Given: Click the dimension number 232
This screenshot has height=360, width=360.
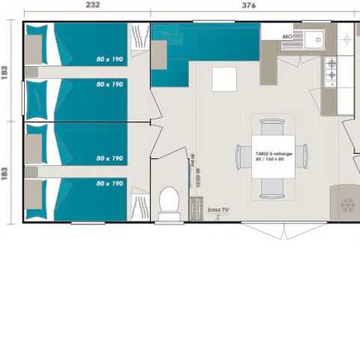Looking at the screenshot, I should click(x=92, y=5).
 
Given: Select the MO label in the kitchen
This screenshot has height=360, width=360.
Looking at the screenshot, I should click(x=286, y=36).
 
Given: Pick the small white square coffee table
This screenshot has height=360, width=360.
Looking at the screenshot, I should click(x=223, y=79).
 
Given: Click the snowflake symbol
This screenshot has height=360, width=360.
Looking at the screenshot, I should click(x=346, y=204).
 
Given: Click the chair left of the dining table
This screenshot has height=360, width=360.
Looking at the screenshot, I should click(x=242, y=157).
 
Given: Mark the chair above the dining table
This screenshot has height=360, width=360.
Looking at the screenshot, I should click(x=272, y=127).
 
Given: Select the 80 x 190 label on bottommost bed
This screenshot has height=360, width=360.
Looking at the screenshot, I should click(x=109, y=183).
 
